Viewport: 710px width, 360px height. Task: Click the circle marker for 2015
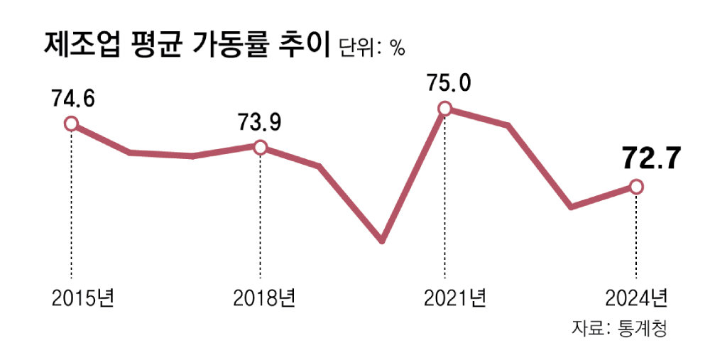[x=70, y=124]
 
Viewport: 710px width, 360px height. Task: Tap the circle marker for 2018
[x=260, y=147]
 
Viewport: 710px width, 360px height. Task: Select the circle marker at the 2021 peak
[x=444, y=109]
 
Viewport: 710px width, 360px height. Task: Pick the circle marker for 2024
[x=636, y=186]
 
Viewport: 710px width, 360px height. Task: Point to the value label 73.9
[x=259, y=122]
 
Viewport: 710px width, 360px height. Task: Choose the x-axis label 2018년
[x=263, y=298]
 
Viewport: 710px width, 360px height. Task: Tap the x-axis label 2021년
[x=455, y=298]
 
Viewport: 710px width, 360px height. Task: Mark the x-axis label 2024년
[x=636, y=298]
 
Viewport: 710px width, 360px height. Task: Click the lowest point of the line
[x=382, y=241]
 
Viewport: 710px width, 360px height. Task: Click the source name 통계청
[x=645, y=329]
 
